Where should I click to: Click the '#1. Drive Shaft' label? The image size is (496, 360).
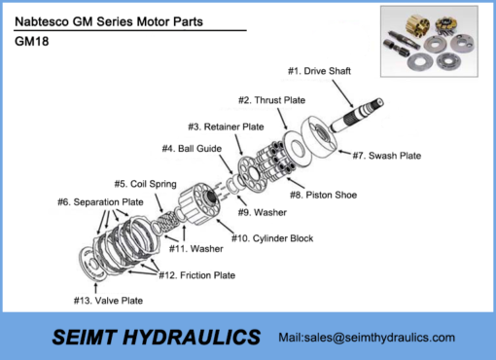point(319,71)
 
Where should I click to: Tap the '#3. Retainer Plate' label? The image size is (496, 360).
point(226,126)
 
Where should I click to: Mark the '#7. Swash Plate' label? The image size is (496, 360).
point(386,156)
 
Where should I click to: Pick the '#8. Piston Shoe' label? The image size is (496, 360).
point(324,195)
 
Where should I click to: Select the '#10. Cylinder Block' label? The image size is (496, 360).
point(271,238)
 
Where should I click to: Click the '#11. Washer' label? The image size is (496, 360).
point(195,248)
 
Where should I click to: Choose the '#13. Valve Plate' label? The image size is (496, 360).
point(108,301)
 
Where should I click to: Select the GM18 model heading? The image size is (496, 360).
point(32,42)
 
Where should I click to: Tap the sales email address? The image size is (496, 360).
point(367,338)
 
